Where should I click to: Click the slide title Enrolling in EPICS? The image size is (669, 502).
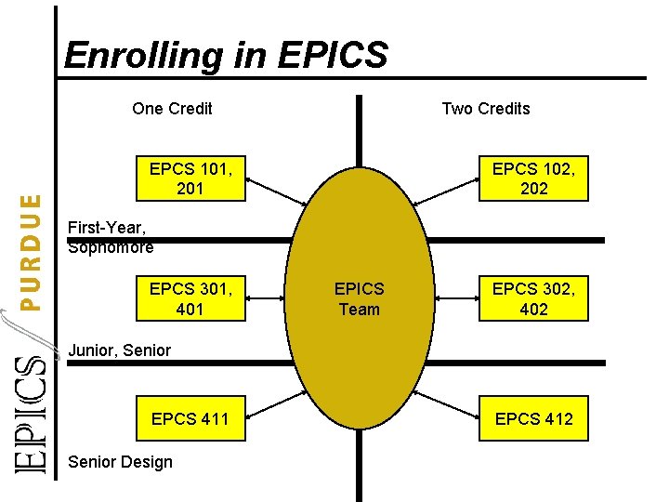pyautogui.click(x=226, y=55)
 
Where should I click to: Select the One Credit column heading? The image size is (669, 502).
pyautogui.click(x=172, y=109)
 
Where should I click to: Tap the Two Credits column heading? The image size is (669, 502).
pyautogui.click(x=485, y=109)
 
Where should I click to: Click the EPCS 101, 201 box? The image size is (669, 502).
pyautogui.click(x=190, y=178)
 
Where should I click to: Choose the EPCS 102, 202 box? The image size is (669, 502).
pyautogui.click(x=533, y=178)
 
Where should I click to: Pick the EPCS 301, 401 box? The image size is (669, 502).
pyautogui.click(x=190, y=298)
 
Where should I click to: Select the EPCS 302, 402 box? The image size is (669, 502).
pyautogui.click(x=533, y=298)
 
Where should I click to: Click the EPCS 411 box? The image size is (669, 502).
pyautogui.click(x=190, y=418)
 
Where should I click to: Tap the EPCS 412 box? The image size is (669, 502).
pyautogui.click(x=533, y=418)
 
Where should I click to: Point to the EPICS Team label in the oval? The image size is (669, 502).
pyautogui.click(x=359, y=298)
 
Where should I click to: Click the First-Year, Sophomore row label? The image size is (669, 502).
pyautogui.click(x=111, y=237)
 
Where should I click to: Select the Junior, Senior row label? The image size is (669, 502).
pyautogui.click(x=120, y=350)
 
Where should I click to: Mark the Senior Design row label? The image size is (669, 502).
pyautogui.click(x=120, y=462)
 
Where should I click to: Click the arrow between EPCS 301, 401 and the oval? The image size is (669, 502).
pyautogui.click(x=265, y=298)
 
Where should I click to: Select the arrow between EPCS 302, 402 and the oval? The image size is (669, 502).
pyautogui.click(x=455, y=298)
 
